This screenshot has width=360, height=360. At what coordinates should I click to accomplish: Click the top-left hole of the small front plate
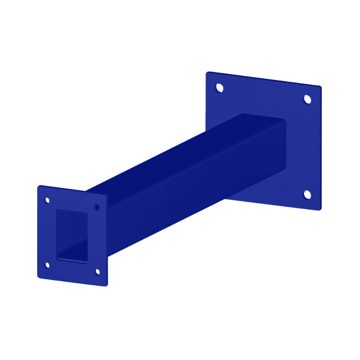47,200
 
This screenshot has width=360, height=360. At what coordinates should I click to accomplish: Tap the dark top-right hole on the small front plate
96,207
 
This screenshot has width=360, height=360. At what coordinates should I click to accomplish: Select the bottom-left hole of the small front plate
47,265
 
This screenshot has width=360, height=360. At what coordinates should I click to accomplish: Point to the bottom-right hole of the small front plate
97,272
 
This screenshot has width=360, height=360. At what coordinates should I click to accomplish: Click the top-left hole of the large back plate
219,87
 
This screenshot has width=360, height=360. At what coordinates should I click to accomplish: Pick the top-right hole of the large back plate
307,99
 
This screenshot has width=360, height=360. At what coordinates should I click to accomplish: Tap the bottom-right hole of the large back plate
307,194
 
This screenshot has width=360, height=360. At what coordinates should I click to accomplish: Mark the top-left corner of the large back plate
207,73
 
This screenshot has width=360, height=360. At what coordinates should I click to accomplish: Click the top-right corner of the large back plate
320,87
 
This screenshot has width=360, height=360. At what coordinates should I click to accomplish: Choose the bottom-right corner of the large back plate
320,209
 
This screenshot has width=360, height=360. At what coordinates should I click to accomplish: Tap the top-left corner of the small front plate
39,186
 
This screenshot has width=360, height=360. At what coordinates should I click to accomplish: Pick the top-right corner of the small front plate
107,195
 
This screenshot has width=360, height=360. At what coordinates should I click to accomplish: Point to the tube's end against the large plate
284,144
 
